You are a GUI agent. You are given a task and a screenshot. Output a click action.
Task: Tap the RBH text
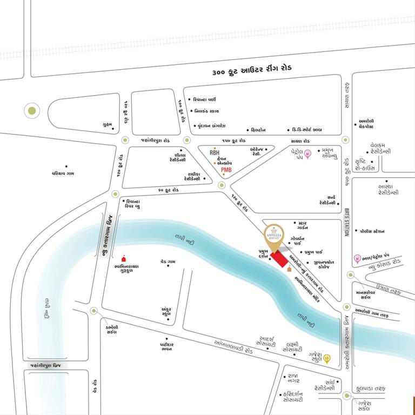(x=215, y=153)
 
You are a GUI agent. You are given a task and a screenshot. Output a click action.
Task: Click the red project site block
(x=279, y=259)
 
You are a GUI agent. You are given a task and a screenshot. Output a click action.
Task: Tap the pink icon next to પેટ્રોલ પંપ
(x=308, y=155)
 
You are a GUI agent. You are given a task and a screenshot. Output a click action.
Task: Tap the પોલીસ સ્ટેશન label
(x=373, y=231)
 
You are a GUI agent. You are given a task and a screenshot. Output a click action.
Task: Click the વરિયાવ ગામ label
(x=66, y=173)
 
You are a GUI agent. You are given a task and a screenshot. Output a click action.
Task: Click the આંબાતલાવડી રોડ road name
(x=233, y=346)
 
